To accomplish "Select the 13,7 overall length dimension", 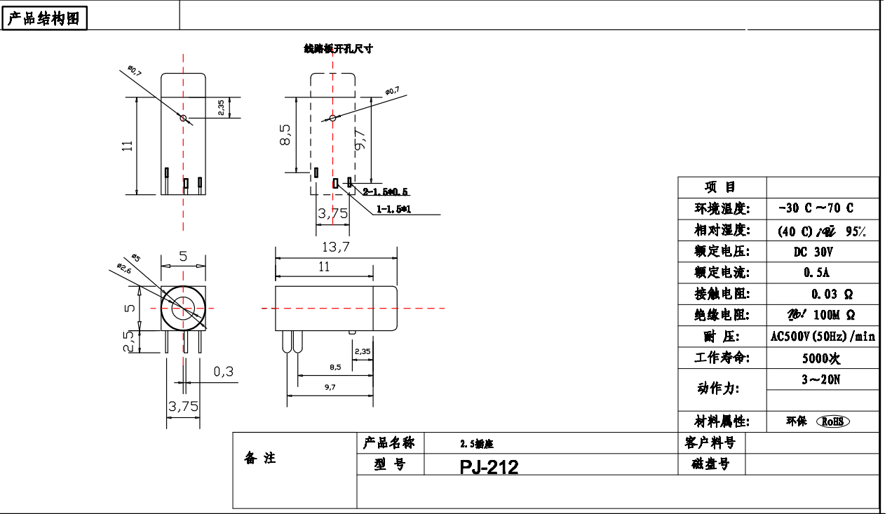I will coord(335,246).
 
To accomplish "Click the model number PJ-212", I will coord(489,467).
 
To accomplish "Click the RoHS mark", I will coord(832,421).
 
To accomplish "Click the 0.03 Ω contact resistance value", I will coord(832,294).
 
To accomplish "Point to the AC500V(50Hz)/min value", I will coord(823,337).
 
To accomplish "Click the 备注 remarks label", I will coord(260,459).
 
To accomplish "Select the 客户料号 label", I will coord(710,442).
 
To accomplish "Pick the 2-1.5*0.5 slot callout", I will coord(386,191).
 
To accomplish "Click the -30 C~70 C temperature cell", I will coord(816,208).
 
